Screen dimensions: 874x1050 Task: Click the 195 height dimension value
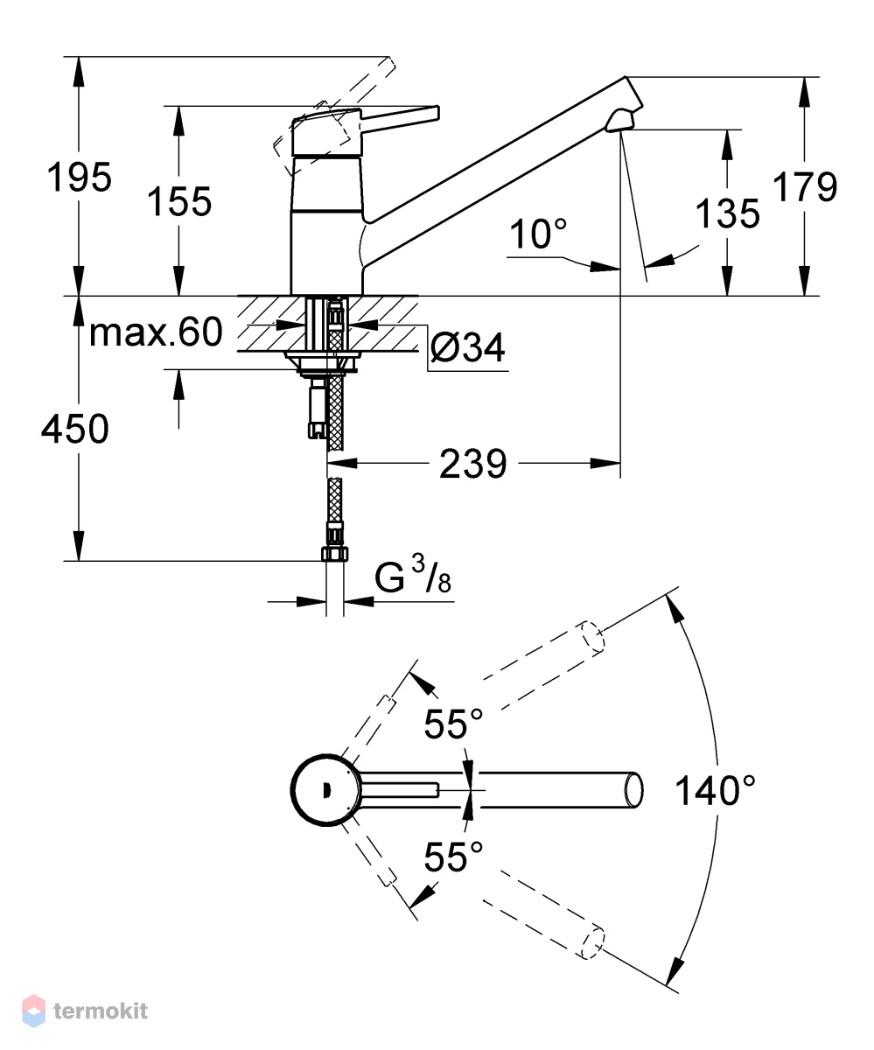pyautogui.click(x=79, y=177)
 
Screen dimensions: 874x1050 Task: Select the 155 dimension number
pyautogui.click(x=179, y=201)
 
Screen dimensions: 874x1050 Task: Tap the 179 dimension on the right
pyautogui.click(x=805, y=186)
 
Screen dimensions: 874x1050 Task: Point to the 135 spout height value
pyautogui.click(x=728, y=213)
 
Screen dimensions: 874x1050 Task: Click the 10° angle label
pyautogui.click(x=538, y=234)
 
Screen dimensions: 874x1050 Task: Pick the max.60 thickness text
pyautogui.click(x=156, y=332)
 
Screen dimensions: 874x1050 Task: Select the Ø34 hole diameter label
pyautogui.click(x=468, y=347)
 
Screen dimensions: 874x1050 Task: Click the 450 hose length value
pyautogui.click(x=75, y=429)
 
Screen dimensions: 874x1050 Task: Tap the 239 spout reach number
pyautogui.click(x=473, y=464)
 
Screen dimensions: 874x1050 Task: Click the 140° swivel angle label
pyautogui.click(x=715, y=790)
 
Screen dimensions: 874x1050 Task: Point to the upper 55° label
pyautogui.click(x=453, y=724)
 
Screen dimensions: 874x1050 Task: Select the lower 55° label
pyautogui.click(x=453, y=857)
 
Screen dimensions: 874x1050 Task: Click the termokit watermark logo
pyautogui.click(x=85, y=1011)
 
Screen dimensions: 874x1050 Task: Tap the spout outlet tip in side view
pyautogui.click(x=620, y=126)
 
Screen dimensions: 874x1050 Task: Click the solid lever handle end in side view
pyautogui.click(x=437, y=113)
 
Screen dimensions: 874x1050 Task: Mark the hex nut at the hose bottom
pyautogui.click(x=335, y=554)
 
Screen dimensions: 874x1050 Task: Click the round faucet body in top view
pyautogui.click(x=325, y=790)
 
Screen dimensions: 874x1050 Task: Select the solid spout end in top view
pyautogui.click(x=634, y=790)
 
